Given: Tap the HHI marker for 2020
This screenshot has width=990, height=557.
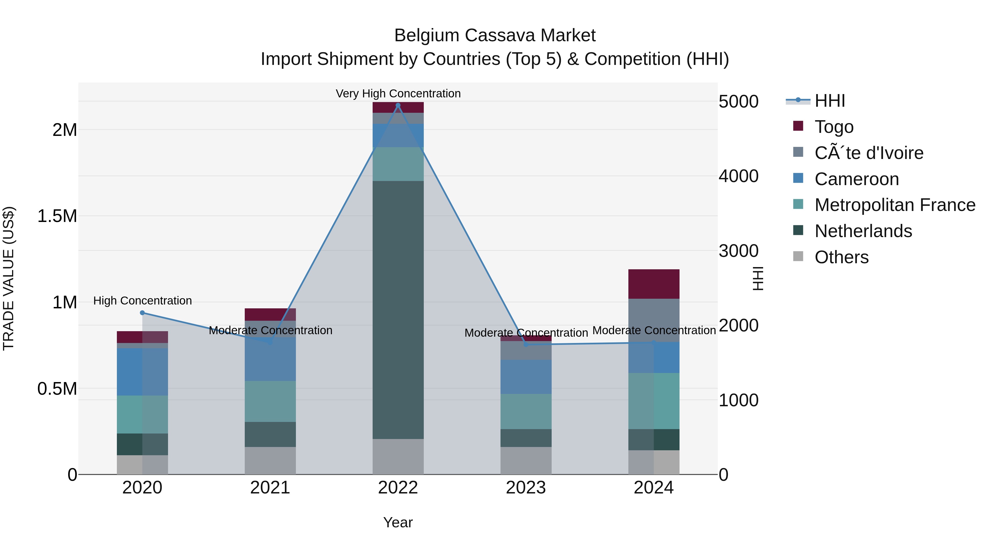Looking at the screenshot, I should coord(142,313).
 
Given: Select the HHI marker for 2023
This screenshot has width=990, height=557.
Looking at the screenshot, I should coord(526,344).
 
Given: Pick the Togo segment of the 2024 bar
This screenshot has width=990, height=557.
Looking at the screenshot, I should coord(653,284).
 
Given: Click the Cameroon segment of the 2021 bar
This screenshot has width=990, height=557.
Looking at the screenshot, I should coord(270,360).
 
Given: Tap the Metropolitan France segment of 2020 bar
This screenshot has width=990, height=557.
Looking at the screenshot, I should coord(142,415).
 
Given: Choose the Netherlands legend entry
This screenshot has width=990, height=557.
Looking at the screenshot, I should coord(863,231).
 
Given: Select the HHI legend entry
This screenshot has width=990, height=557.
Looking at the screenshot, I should coord(829,101).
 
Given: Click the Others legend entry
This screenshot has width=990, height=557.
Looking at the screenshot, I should coord(841,257).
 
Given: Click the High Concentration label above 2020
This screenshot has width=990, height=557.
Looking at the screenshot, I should coord(142,301).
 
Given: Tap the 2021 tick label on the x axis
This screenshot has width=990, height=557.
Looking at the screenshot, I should coord(270,488).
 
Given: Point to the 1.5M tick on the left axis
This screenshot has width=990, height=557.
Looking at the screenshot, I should coord(57,216).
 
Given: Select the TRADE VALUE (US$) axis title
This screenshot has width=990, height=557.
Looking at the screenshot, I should coord(9,278).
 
